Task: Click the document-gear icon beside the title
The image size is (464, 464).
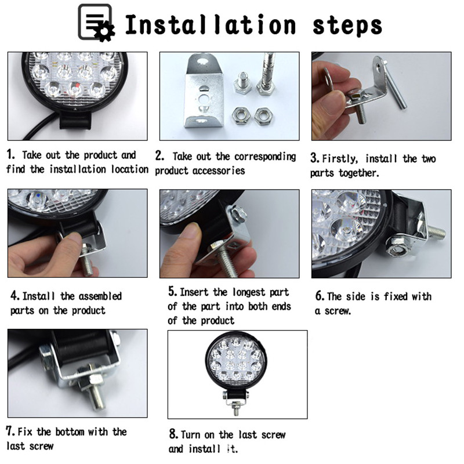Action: point(96,23)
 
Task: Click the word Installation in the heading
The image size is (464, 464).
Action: point(211,24)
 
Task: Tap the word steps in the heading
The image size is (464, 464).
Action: point(347,26)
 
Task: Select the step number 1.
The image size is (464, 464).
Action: point(10,154)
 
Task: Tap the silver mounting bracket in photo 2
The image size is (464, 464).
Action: point(204,92)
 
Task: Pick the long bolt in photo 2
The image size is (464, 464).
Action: point(266,74)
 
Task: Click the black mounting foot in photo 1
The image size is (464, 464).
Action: point(76,120)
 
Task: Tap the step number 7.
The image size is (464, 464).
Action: point(10,431)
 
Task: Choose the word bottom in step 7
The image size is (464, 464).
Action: point(70,432)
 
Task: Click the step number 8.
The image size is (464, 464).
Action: point(173,434)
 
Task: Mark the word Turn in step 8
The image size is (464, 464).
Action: point(191,434)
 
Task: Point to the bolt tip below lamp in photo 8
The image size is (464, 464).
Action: point(236,412)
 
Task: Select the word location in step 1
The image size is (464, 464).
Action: point(129,169)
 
